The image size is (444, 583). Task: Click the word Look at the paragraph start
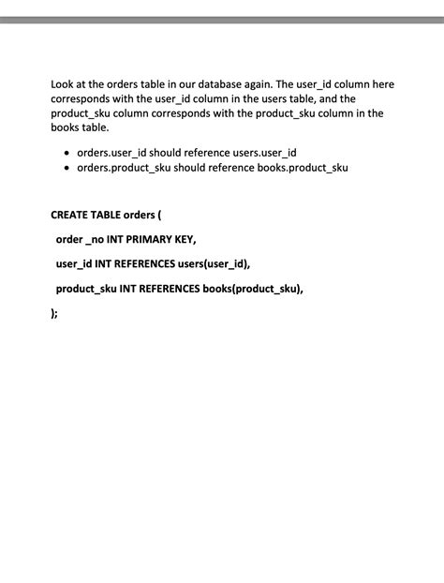pyautogui.click(x=64, y=84)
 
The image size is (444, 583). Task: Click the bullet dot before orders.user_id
pyautogui.click(x=66, y=153)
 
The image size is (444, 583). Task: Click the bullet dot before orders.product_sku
pyautogui.click(x=66, y=168)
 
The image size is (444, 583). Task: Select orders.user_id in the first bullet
pyautogui.click(x=111, y=153)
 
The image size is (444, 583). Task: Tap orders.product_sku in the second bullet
pyautogui.click(x=125, y=168)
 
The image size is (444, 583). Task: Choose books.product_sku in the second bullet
pyautogui.click(x=302, y=168)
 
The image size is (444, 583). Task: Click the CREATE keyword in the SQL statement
pyautogui.click(x=70, y=215)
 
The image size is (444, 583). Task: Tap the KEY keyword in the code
pyautogui.click(x=185, y=239)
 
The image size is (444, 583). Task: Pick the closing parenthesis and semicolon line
pyautogui.click(x=54, y=313)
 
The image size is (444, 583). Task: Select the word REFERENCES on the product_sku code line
pyautogui.click(x=169, y=288)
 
